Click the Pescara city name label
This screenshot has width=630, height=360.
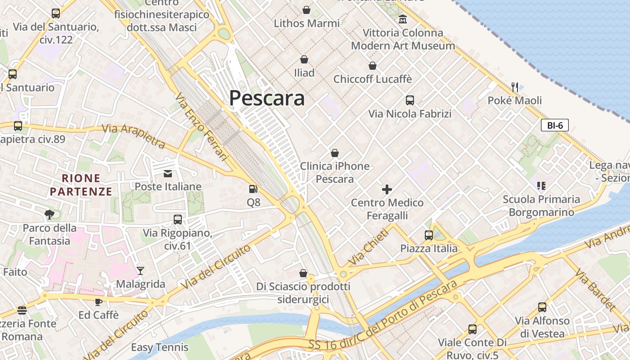(267, 98)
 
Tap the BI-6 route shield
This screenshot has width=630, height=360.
(554, 126)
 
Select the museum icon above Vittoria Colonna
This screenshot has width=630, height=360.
(403, 19)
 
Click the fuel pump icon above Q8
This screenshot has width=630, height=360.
(254, 189)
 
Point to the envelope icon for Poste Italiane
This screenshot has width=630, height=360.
(168, 174)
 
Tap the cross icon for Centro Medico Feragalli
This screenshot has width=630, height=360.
(387, 189)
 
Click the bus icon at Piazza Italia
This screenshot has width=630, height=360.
(428, 235)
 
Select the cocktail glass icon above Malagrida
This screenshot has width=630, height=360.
(140, 270)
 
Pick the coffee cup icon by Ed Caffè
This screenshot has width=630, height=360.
(99, 302)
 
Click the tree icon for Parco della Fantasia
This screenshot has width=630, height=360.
(49, 215)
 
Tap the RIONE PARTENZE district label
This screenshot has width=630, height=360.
(81, 185)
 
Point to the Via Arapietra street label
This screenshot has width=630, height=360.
(134, 136)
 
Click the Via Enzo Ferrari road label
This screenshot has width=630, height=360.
(202, 126)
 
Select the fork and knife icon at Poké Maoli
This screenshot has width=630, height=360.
(515, 87)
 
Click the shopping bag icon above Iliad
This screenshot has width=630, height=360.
(304, 59)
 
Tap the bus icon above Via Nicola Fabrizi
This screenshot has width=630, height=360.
(409, 100)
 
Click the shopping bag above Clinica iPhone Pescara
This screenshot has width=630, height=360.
(335, 153)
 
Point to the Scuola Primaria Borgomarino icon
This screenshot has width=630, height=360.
(541, 185)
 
